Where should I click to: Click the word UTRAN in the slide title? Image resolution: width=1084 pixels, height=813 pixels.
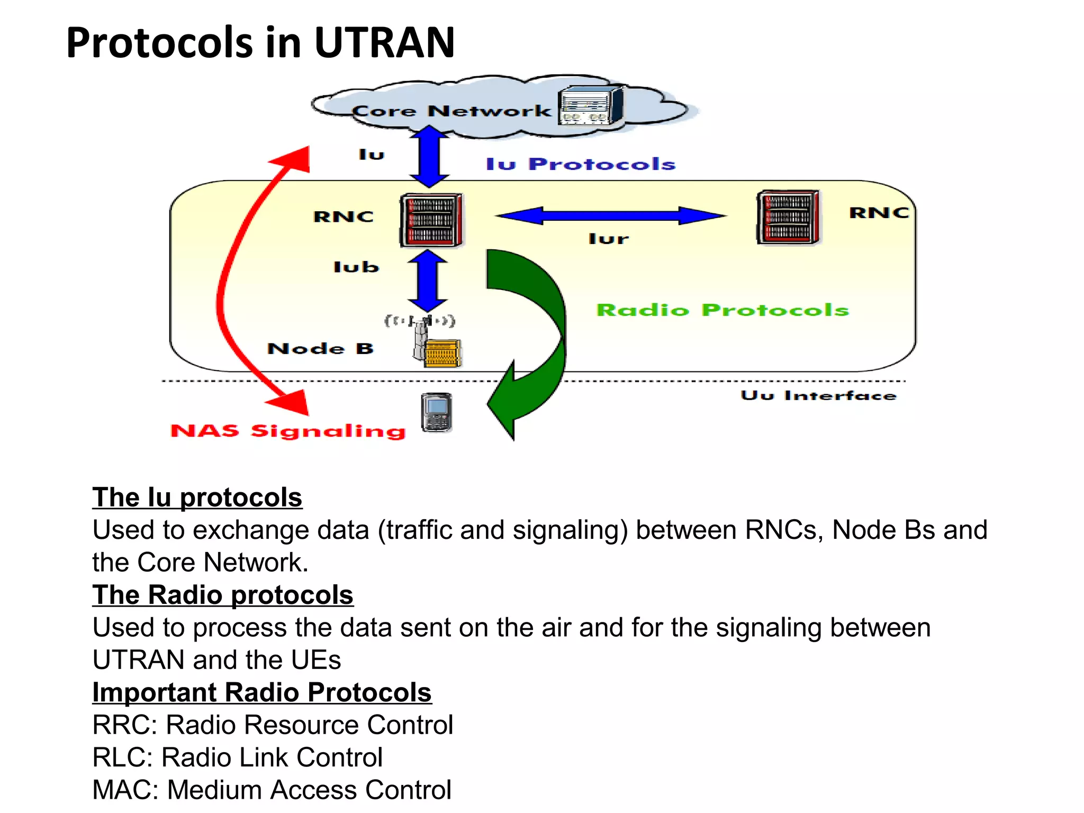point(384,42)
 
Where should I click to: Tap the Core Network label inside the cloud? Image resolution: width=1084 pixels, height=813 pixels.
point(451,111)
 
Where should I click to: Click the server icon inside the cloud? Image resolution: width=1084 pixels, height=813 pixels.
point(590,106)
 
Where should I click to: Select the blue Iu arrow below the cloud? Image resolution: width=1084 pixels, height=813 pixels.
point(429,157)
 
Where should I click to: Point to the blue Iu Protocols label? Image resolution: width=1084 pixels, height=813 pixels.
point(581,164)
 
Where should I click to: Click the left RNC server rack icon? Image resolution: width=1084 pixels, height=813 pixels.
point(431,220)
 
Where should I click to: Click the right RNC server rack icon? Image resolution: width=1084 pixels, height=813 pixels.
point(788,217)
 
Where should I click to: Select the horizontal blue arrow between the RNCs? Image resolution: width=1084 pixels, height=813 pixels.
point(610,215)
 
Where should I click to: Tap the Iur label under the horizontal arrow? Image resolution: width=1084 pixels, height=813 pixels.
point(609,239)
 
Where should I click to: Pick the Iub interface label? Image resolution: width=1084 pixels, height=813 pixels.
point(356,267)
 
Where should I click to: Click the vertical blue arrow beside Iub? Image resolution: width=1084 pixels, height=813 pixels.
point(428,281)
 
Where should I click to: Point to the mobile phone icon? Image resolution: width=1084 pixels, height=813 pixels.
point(437,413)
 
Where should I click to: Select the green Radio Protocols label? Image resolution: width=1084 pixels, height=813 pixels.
point(722,310)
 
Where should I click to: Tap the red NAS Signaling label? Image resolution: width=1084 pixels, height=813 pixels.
point(288,431)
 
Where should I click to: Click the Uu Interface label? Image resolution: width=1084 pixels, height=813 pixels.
point(818,395)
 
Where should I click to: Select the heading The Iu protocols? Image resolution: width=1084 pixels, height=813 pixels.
point(197,498)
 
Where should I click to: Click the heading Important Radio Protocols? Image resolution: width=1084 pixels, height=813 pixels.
point(262,692)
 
